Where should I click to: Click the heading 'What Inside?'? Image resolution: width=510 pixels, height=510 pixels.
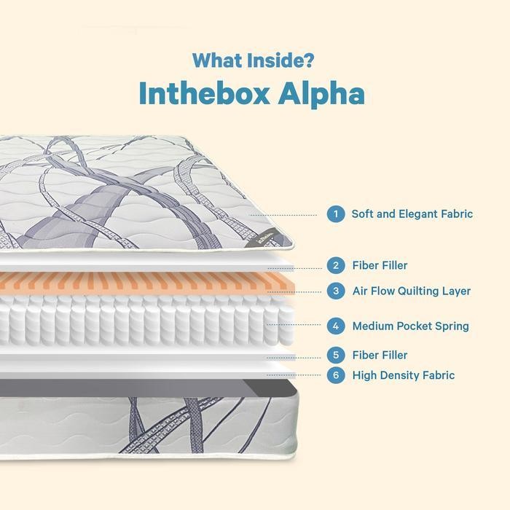tap(254, 60)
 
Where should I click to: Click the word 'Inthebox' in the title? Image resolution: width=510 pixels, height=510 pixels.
tap(203, 94)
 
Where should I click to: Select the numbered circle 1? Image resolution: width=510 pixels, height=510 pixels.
tap(336, 214)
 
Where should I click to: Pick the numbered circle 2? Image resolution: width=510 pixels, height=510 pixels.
tap(336, 265)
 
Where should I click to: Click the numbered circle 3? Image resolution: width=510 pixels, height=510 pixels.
tap(336, 291)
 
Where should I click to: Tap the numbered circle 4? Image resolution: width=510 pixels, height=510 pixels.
tap(336, 326)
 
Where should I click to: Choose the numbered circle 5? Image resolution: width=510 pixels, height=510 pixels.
tap(336, 355)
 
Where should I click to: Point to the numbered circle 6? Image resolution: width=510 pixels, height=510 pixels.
tap(336, 375)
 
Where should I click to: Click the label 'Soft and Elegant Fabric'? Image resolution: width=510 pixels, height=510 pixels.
tap(412, 214)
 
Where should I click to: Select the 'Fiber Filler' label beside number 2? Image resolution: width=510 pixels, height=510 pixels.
tap(380, 265)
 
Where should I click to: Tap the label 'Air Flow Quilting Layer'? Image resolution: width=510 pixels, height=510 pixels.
tap(411, 291)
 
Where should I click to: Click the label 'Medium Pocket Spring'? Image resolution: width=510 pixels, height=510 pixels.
tap(410, 326)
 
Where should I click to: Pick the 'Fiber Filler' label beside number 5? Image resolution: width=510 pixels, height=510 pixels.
tap(380, 355)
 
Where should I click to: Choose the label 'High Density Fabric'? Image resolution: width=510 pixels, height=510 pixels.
tap(403, 375)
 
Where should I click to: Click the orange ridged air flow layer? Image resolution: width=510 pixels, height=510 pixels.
tap(146, 283)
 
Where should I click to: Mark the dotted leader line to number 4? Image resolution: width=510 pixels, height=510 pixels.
tap(295, 326)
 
